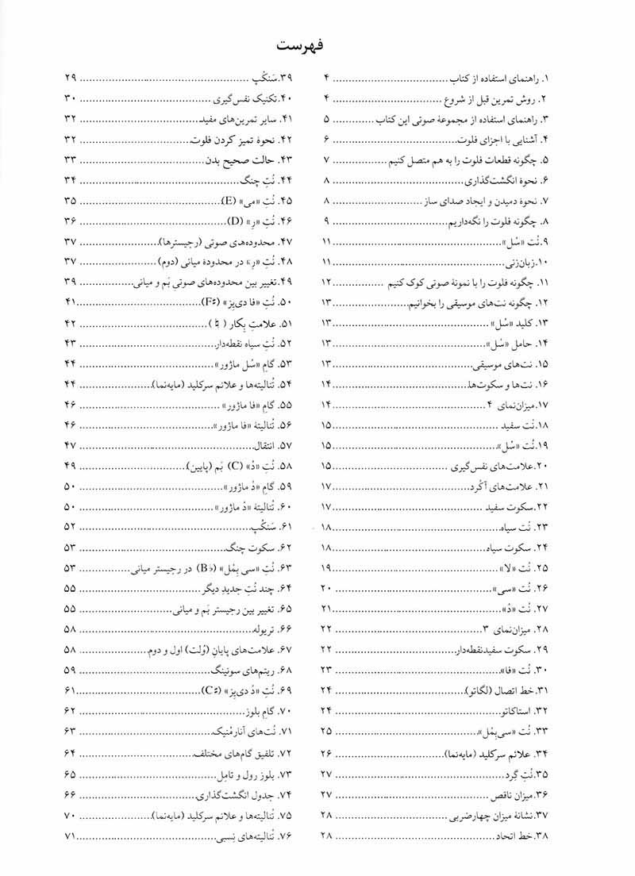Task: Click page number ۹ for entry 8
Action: [x=327, y=221]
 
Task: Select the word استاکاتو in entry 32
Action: [x=520, y=710]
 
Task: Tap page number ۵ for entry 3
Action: [x=327, y=119]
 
